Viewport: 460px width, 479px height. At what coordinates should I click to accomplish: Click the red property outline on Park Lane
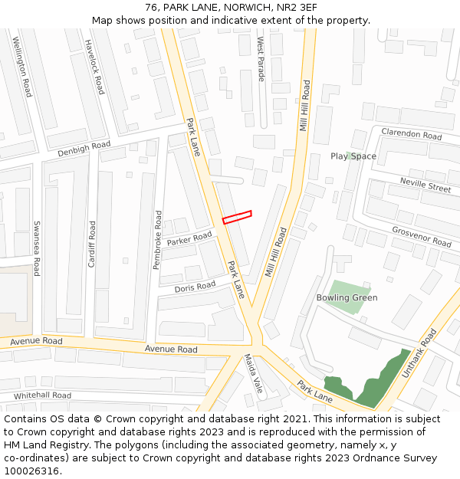pyautogui.click(x=237, y=217)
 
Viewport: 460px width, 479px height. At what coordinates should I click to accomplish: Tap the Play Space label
pyautogui.click(x=353, y=156)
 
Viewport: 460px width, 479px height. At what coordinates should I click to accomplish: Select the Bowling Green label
pyautogui.click(x=347, y=297)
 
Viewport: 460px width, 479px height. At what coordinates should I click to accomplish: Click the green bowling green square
pyautogui.click(x=343, y=297)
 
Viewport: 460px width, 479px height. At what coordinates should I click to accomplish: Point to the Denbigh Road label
pyautogui.click(x=84, y=148)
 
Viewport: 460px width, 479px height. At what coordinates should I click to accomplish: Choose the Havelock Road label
pyautogui.click(x=94, y=67)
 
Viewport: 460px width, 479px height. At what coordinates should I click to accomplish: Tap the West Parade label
pyautogui.click(x=261, y=58)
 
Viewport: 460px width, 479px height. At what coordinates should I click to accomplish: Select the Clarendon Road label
pyautogui.click(x=412, y=134)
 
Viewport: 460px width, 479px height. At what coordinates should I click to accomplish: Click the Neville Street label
pyautogui.click(x=426, y=184)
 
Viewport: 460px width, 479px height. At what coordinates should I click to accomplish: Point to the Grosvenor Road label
pyautogui.click(x=421, y=236)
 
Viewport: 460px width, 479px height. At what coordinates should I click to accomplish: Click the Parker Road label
pyautogui.click(x=189, y=239)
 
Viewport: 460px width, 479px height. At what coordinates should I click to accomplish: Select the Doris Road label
pyautogui.click(x=195, y=287)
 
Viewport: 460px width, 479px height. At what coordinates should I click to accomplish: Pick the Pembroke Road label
pyautogui.click(x=157, y=239)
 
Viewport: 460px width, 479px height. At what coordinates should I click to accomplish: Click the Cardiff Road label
pyautogui.click(x=92, y=244)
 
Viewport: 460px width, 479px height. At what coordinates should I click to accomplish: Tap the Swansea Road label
pyautogui.click(x=37, y=248)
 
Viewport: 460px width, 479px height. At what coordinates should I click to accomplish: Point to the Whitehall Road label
pyautogui.click(x=42, y=395)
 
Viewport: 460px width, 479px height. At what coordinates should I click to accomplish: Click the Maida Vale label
pyautogui.click(x=254, y=373)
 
